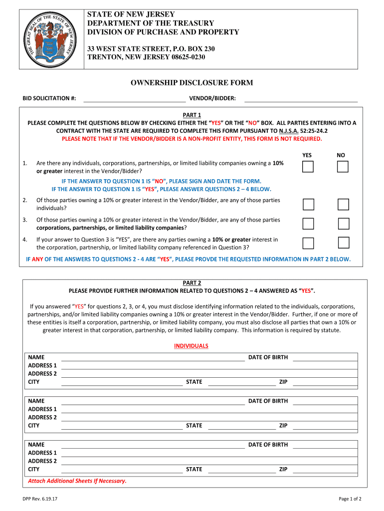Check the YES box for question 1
point(308,167)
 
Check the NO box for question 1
point(343,167)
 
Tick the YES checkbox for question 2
point(308,205)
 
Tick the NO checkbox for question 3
point(343,224)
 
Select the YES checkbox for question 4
point(308,243)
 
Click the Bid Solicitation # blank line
point(134,99)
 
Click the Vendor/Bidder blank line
point(300,99)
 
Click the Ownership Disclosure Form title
point(192,83)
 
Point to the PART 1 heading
point(192,115)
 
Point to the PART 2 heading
point(192,283)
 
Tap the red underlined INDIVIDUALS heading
point(191,346)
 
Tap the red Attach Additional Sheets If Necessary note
point(77,481)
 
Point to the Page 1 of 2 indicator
point(350,499)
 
